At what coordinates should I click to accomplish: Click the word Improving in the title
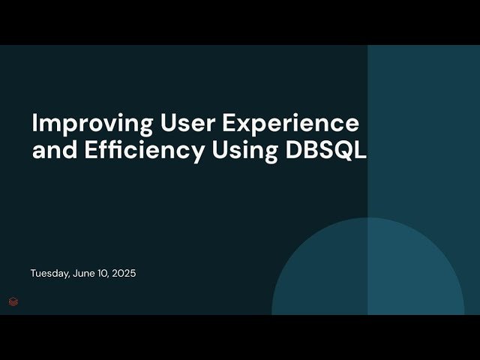(x=82, y=123)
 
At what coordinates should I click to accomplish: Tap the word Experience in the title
(x=283, y=123)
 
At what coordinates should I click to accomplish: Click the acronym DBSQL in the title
(x=326, y=150)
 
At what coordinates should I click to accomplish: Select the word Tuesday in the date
(x=49, y=274)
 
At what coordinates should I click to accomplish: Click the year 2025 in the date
(x=124, y=274)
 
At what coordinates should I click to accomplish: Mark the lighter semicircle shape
(x=367, y=270)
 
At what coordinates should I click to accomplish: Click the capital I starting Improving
(x=34, y=123)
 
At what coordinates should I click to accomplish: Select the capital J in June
(x=75, y=274)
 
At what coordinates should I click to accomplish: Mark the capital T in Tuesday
(x=33, y=274)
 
